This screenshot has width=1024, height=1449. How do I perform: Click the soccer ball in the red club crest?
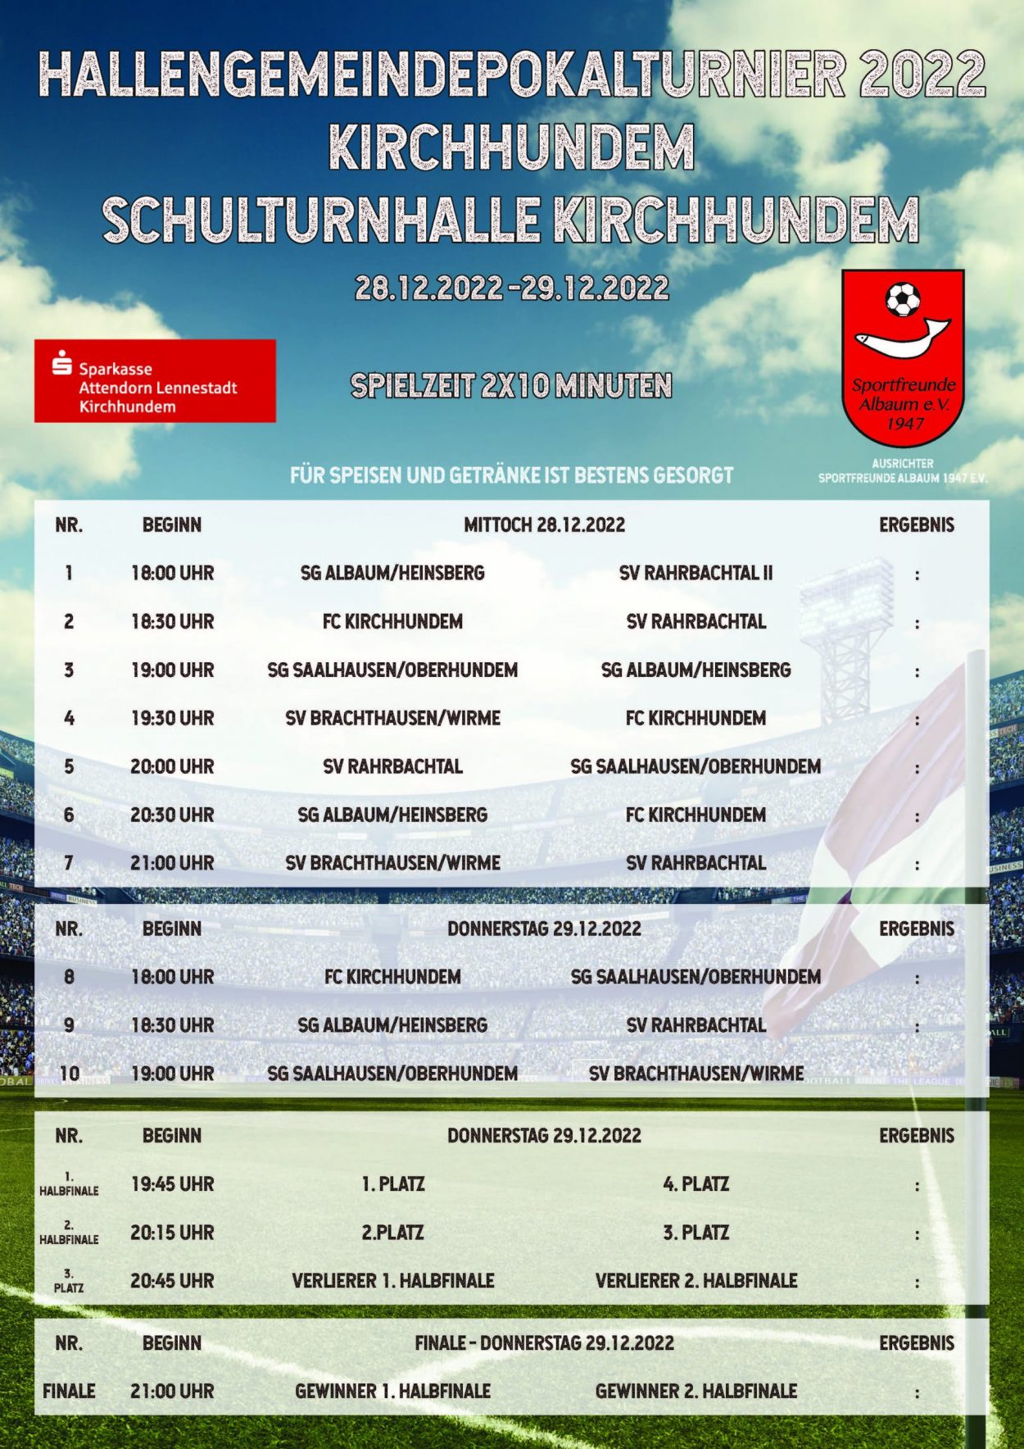pyautogui.click(x=903, y=300)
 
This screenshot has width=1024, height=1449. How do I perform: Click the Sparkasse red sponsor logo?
pyautogui.click(x=155, y=381)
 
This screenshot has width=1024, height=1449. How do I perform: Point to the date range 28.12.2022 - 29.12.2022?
pyautogui.click(x=511, y=288)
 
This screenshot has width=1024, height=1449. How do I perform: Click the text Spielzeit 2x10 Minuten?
pyautogui.click(x=511, y=385)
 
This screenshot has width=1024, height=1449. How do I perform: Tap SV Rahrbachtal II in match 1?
pyautogui.click(x=696, y=573)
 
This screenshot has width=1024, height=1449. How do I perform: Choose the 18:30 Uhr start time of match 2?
pyautogui.click(x=172, y=621)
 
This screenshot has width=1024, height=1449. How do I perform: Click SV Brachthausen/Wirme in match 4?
pyautogui.click(x=392, y=718)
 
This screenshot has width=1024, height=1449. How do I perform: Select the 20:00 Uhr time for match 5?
pyautogui.click(x=172, y=766)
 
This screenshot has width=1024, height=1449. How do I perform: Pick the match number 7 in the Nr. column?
pyautogui.click(x=69, y=863)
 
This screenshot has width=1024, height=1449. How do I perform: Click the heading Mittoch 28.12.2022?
pyautogui.click(x=544, y=525)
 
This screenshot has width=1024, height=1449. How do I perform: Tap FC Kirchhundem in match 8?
pyautogui.click(x=392, y=977)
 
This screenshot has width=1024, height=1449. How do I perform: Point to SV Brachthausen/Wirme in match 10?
pyautogui.click(x=696, y=1074)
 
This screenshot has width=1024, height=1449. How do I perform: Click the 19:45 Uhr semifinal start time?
pyautogui.click(x=172, y=1184)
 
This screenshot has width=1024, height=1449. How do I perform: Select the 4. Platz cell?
pyautogui.click(x=696, y=1184)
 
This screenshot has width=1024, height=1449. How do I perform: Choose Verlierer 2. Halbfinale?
pyautogui.click(x=696, y=1280)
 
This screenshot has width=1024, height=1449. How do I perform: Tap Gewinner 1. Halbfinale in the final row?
pyautogui.click(x=392, y=1391)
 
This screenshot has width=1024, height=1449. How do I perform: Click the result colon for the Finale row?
pyautogui.click(x=917, y=1392)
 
